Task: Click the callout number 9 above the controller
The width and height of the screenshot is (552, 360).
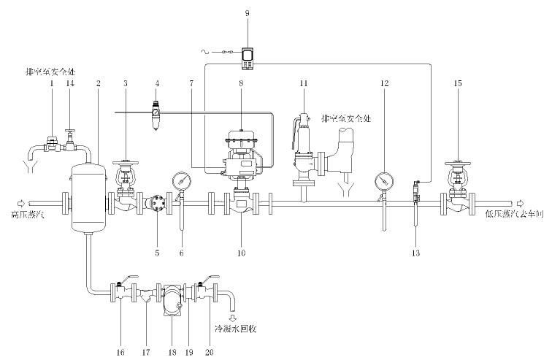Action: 248,13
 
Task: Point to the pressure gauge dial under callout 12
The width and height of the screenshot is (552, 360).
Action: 383,180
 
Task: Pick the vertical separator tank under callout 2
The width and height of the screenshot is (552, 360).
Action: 89,197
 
